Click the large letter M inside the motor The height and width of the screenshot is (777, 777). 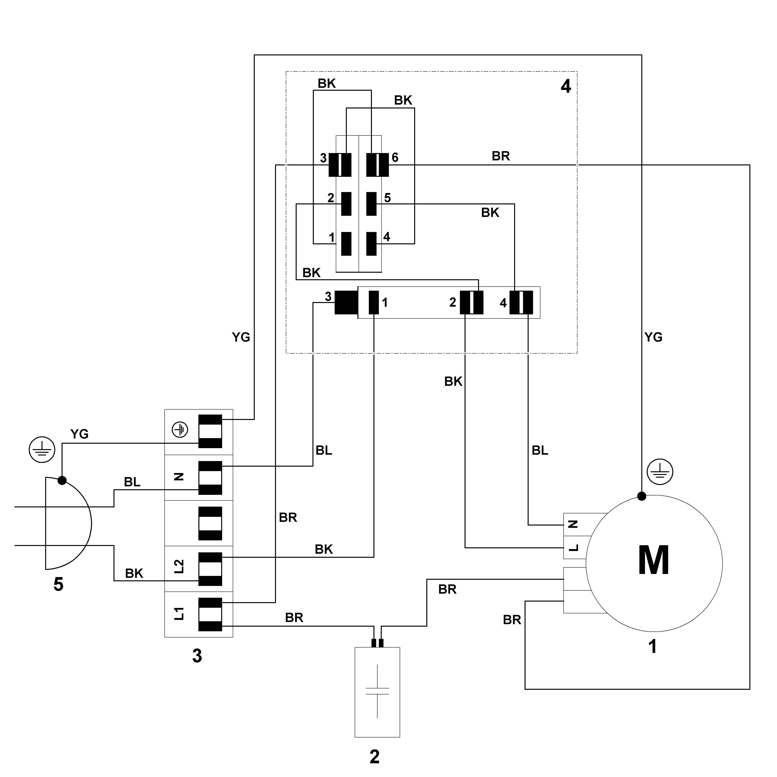[653, 560]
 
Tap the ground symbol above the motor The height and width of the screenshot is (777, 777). [660, 472]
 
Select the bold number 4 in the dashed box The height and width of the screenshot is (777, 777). [566, 86]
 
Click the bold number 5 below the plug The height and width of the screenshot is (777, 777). [58, 584]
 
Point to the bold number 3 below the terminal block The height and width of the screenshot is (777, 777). [197, 656]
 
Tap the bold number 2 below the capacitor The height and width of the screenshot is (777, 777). [374, 757]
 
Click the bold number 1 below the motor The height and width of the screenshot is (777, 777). [653, 646]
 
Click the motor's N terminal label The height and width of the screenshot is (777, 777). [574, 524]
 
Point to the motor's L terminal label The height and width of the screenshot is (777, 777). [574, 547]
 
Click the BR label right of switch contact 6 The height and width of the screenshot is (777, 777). [501, 156]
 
